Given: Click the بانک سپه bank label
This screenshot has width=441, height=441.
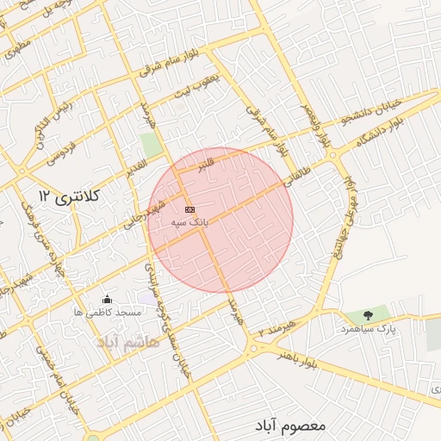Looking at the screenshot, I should [191, 222].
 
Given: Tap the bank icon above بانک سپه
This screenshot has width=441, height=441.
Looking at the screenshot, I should [189, 209].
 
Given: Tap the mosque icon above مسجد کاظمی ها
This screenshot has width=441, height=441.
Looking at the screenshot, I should [106, 299].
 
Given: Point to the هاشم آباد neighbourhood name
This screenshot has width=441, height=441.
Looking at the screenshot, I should [129, 342].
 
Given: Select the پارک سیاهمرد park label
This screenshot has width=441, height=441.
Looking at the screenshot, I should [368, 328].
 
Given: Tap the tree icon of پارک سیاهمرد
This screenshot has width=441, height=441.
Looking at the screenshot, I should [368, 315].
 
